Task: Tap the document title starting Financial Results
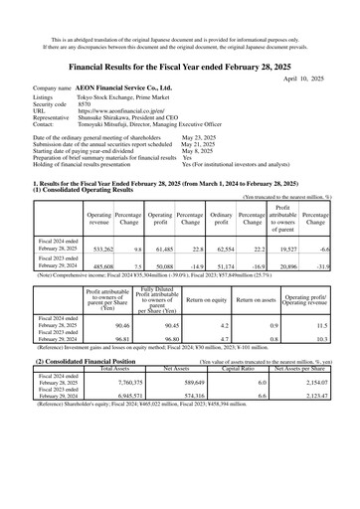(179, 61)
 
